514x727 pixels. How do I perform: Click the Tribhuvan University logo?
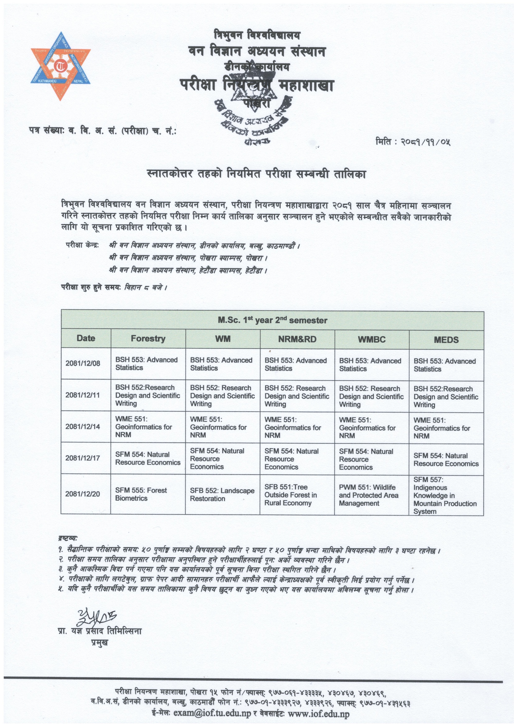60,66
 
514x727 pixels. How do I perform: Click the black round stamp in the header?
253,108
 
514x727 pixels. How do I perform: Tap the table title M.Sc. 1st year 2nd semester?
272,320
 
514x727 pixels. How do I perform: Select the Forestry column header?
148,339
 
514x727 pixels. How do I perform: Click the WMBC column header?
372,339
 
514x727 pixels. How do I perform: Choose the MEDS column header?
446,340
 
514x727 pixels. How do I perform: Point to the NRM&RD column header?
297,339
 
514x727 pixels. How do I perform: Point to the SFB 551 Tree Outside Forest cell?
291,495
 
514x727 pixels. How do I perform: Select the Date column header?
86,338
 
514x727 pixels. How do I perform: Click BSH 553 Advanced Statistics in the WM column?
221,364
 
